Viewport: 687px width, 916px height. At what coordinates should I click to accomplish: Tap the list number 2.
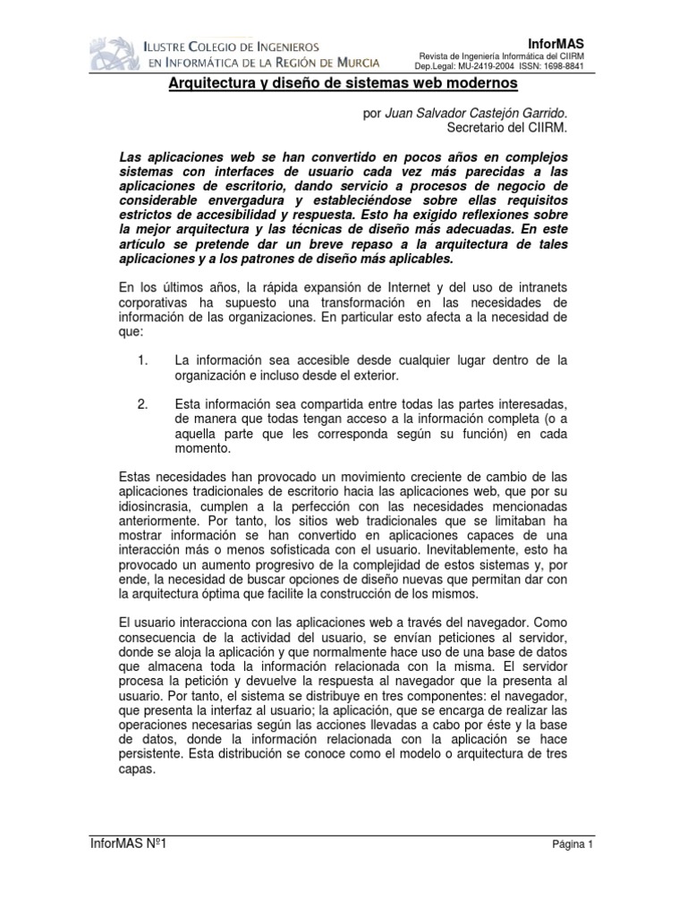142,404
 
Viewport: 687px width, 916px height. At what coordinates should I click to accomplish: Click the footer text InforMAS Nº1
128,844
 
